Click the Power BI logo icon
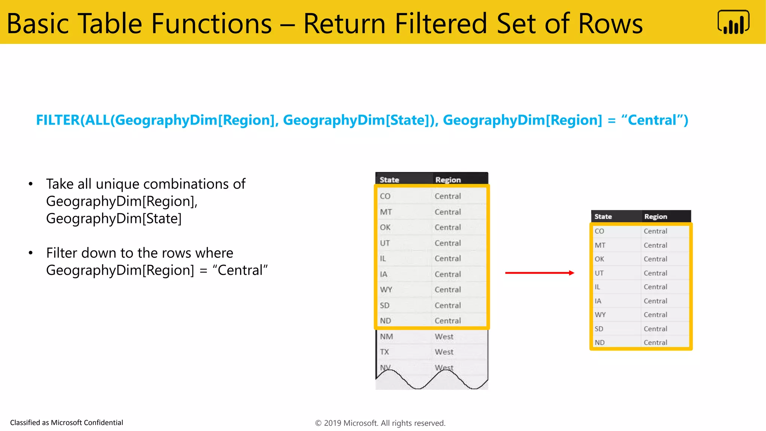(x=733, y=22)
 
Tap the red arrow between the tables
(x=539, y=273)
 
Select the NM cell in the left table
(x=386, y=336)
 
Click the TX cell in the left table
(x=384, y=352)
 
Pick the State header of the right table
(x=603, y=217)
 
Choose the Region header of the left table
(x=448, y=180)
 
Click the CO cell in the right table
(x=599, y=231)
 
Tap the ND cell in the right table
(x=600, y=342)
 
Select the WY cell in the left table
(x=386, y=290)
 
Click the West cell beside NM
(x=444, y=336)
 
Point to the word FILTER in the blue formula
(x=58, y=120)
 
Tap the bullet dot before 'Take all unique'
(x=31, y=184)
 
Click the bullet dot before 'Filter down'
(x=31, y=253)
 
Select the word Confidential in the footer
(x=103, y=422)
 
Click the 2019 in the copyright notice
(x=333, y=423)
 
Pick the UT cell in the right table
(x=599, y=273)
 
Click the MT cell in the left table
(x=386, y=212)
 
